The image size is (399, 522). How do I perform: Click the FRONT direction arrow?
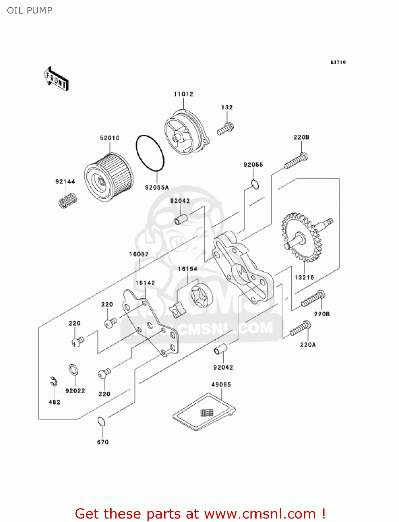pos(56,79)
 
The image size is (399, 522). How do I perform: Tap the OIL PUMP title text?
pos(30,10)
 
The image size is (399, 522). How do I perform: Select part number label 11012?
pos(183,94)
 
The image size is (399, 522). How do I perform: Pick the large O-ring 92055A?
pos(150,153)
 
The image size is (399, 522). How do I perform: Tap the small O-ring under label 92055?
pos(255,184)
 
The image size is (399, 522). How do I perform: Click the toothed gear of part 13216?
pos(301,237)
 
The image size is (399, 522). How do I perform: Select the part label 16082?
pos(139,254)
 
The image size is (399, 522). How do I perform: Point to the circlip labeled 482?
pos(53,381)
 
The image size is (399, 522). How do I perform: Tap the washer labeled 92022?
pos(73,370)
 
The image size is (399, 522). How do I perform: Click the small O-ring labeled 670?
pos(101,421)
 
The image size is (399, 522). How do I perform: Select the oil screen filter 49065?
pos(205,411)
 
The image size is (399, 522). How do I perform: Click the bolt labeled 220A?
pos(300,328)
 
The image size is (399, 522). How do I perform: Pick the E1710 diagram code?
pos(338,62)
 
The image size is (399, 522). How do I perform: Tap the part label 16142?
pos(145,283)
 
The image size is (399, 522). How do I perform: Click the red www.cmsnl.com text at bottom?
pos(260,514)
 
